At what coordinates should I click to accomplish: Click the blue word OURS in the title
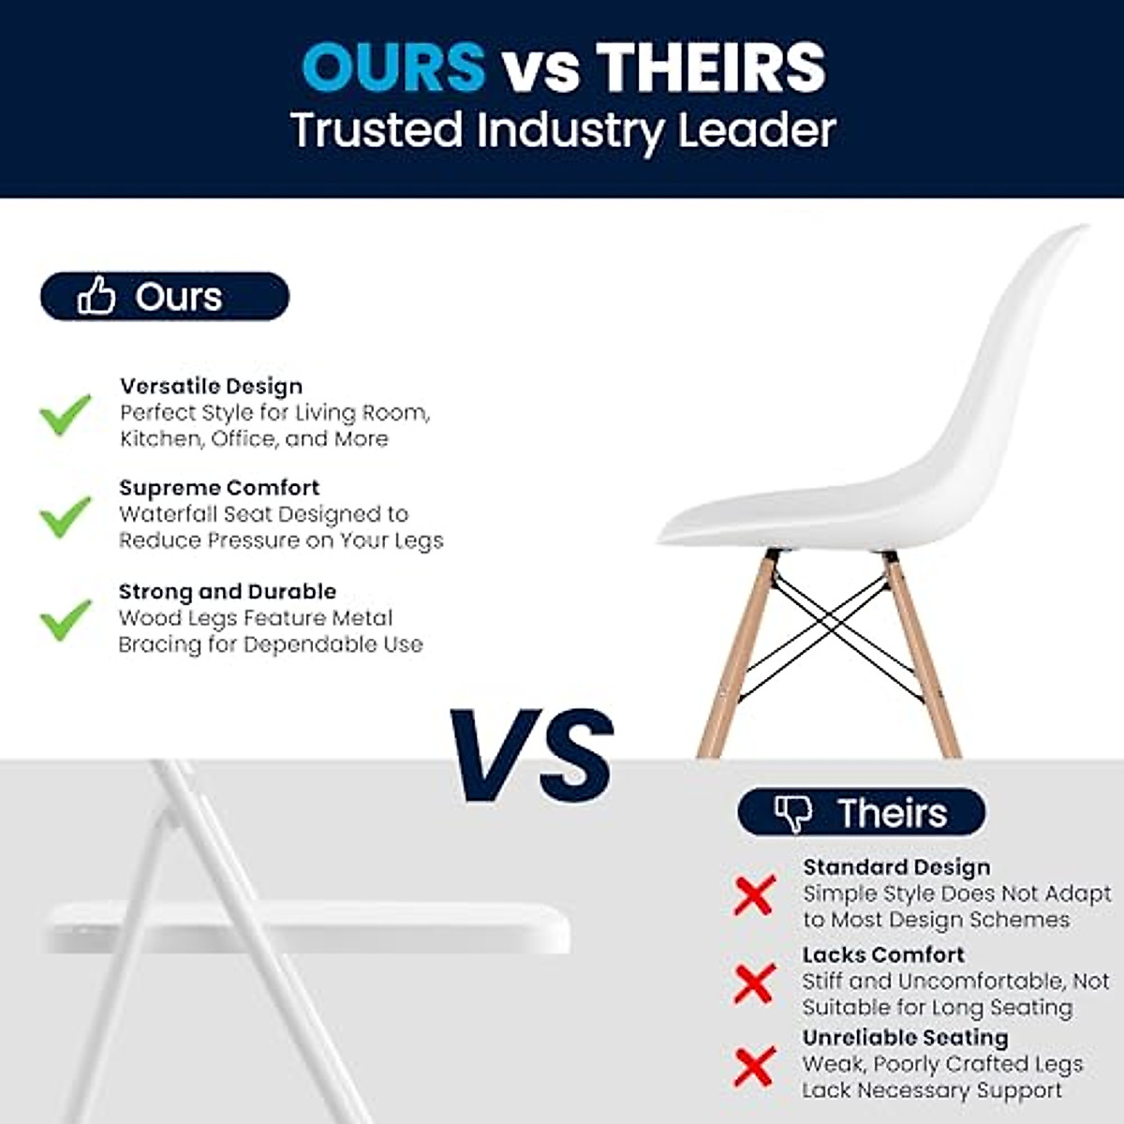click(x=393, y=67)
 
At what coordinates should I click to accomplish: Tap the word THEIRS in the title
click(x=711, y=67)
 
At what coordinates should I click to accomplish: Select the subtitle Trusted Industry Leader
click(x=562, y=129)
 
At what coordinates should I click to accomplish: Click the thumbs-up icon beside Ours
click(x=96, y=296)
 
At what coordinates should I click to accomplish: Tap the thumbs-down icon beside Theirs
click(x=793, y=813)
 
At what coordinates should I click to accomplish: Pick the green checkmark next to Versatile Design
click(x=65, y=414)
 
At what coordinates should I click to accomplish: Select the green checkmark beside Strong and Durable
click(x=65, y=619)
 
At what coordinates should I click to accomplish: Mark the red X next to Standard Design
click(x=753, y=895)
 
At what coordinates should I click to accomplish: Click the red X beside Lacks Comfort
click(x=753, y=983)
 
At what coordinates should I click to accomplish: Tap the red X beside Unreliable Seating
click(x=753, y=1067)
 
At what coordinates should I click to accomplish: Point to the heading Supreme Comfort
click(x=219, y=488)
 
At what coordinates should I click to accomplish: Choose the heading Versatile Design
click(x=211, y=386)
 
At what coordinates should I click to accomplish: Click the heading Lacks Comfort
click(x=883, y=954)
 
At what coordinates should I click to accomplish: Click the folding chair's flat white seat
click(x=309, y=928)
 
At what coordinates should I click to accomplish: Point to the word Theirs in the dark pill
click(x=892, y=813)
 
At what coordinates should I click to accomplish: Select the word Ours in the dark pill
click(x=179, y=297)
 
